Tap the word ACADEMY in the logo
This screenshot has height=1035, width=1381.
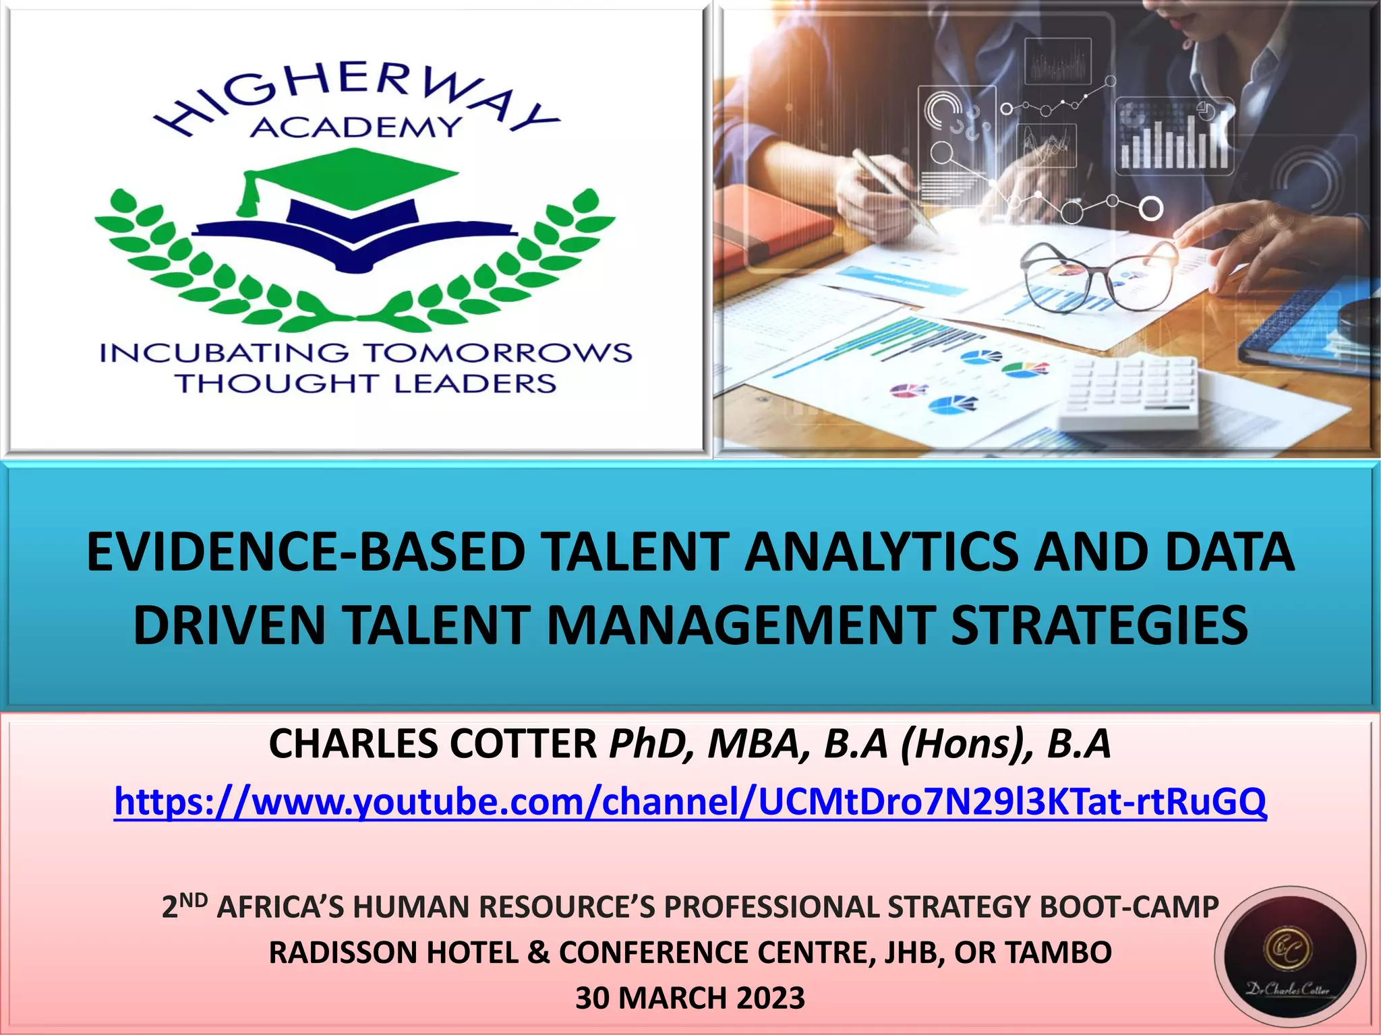click(x=355, y=127)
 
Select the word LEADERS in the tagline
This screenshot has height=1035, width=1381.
click(x=475, y=383)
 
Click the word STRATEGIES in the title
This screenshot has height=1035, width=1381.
click(x=1098, y=625)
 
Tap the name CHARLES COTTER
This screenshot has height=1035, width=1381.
click(x=432, y=744)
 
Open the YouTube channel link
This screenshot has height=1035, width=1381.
click(x=690, y=802)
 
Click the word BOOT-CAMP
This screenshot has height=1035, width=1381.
click(x=1129, y=907)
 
